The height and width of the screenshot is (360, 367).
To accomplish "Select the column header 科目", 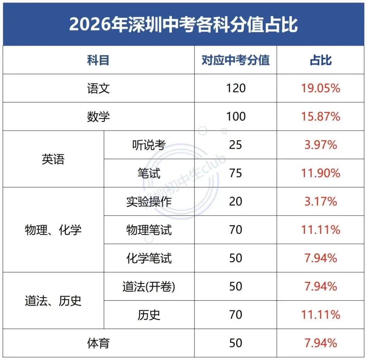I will click(x=98, y=60).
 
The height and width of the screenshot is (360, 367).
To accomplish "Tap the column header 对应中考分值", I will click(x=235, y=60).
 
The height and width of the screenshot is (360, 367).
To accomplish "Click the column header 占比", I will click(x=320, y=60).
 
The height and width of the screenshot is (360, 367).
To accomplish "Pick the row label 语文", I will click(x=98, y=88).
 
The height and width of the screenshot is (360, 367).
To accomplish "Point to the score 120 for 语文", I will click(x=235, y=88).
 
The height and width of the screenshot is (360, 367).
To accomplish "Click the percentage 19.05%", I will click(x=320, y=88).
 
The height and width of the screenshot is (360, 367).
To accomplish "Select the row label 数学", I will click(x=98, y=117).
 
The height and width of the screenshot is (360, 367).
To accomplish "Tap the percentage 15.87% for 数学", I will click(x=320, y=117).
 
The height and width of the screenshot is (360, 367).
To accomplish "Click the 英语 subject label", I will click(x=53, y=159).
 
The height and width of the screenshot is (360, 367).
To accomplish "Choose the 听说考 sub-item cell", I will click(x=149, y=145).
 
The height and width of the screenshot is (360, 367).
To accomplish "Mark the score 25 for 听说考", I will click(x=235, y=145).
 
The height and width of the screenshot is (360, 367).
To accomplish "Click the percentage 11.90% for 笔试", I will click(x=320, y=173).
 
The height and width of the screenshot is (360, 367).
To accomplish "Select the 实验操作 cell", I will click(x=149, y=201).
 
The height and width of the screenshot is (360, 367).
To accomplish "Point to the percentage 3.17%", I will click(x=320, y=201).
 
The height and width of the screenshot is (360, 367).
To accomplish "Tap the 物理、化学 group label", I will click(x=53, y=230).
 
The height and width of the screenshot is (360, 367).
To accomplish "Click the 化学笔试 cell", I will click(x=149, y=258).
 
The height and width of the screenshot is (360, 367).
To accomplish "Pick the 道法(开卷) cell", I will click(x=149, y=287).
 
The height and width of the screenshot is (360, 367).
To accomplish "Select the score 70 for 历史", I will click(x=235, y=315).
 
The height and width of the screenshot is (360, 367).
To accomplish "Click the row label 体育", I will click(x=98, y=343).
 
